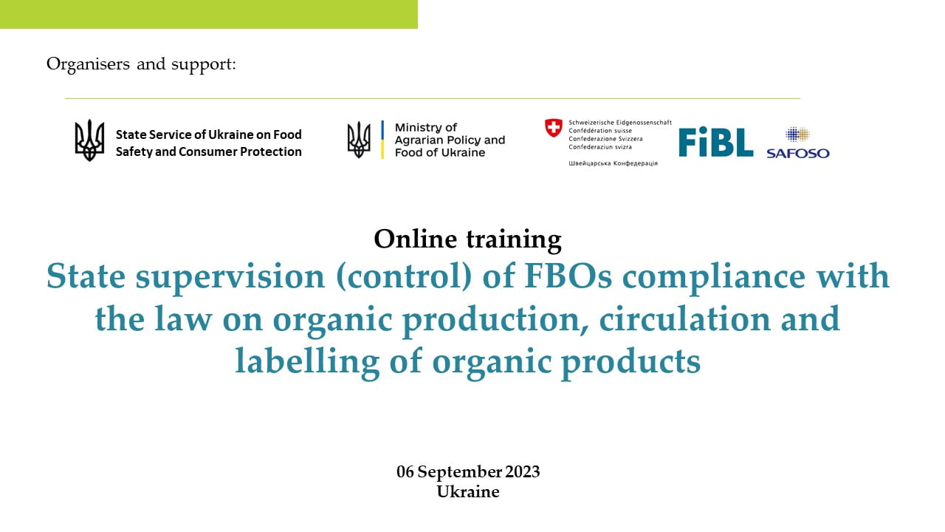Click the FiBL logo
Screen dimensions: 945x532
(716, 142)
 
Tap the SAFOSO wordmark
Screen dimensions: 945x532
(798, 153)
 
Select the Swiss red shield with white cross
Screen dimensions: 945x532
(553, 128)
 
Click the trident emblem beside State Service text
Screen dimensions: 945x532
(89, 140)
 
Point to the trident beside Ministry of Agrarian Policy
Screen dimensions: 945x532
(359, 140)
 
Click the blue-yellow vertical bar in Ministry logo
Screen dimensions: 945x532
(382, 140)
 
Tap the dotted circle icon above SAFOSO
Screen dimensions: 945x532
(797, 134)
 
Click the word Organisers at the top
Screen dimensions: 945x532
(88, 64)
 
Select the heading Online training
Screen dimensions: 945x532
(467, 239)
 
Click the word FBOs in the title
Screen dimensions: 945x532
(568, 276)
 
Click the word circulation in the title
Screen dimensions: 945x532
(684, 319)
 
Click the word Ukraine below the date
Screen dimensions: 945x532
(468, 492)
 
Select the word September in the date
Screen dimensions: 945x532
(460, 472)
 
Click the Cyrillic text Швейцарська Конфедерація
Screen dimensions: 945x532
(613, 163)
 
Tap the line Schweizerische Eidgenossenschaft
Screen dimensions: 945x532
(620, 123)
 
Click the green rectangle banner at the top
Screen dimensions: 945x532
(209, 14)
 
